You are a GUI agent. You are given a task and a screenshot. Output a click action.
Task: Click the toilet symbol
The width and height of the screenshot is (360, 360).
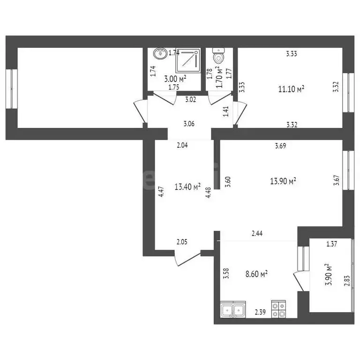(218, 57)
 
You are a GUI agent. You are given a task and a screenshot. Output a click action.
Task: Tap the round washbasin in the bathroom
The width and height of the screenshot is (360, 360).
(161, 53)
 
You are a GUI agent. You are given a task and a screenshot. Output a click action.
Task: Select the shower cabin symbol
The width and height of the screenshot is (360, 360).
(188, 60)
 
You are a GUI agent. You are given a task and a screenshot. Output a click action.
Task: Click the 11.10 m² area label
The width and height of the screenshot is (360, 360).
(291, 89)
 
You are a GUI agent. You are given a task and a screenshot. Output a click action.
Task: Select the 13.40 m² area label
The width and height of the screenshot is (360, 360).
(187, 187)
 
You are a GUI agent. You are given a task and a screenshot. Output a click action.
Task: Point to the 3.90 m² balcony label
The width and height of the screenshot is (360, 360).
(329, 275)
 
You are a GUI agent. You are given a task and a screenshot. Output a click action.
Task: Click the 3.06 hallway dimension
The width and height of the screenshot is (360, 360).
(189, 124)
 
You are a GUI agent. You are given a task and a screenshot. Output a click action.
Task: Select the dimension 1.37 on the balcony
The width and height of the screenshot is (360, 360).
(332, 244)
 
